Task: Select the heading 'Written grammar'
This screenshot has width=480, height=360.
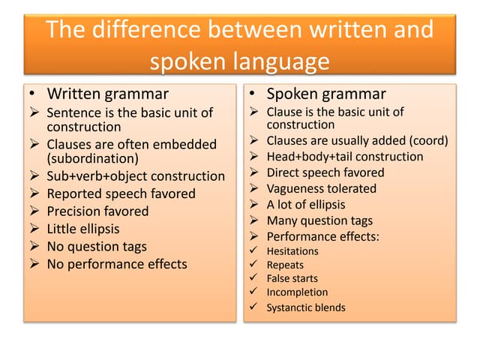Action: (x=108, y=94)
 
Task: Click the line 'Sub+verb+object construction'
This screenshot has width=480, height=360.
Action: (x=136, y=176)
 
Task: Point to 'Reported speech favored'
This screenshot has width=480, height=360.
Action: (x=121, y=193)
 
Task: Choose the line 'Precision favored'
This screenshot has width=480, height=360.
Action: (x=97, y=211)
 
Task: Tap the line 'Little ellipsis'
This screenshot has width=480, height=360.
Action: (x=83, y=229)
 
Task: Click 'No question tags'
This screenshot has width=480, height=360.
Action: (x=97, y=246)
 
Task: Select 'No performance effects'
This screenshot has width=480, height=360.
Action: (x=117, y=264)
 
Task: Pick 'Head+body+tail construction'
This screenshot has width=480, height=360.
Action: (x=345, y=157)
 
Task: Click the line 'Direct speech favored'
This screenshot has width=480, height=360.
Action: (x=325, y=172)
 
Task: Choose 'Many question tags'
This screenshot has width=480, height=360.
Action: (x=319, y=220)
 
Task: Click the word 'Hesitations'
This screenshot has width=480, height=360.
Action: (x=292, y=251)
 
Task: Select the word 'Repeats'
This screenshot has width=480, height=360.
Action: (x=285, y=265)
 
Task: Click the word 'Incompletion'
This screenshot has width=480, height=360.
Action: (x=297, y=292)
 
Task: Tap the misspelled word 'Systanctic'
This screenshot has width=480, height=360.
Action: (x=289, y=307)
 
